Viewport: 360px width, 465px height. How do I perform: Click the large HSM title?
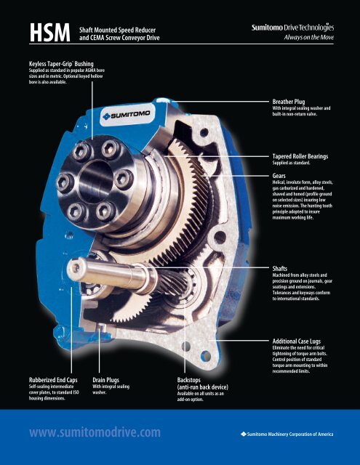pyautogui.click(x=50, y=33)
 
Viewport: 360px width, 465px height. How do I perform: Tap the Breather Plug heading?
pyautogui.click(x=289, y=102)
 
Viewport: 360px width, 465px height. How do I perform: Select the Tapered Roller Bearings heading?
pyautogui.click(x=300, y=156)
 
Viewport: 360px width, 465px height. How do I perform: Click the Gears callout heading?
pyautogui.click(x=279, y=176)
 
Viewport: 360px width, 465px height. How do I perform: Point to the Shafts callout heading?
pyautogui.click(x=280, y=269)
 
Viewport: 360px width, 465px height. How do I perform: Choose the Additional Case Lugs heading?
pyautogui.click(x=297, y=341)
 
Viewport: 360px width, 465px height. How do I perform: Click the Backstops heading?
pyautogui.click(x=189, y=380)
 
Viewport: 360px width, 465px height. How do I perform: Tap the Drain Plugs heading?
pyautogui.click(x=105, y=380)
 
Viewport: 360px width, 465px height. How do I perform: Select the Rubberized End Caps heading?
pyautogui.click(x=53, y=380)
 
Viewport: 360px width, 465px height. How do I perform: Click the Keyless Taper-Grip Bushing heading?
pyautogui.click(x=61, y=64)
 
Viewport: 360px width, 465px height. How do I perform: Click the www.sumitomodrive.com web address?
pyautogui.click(x=95, y=432)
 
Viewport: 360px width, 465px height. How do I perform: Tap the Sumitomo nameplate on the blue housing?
pyautogui.click(x=127, y=115)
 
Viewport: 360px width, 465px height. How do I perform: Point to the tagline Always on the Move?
pyautogui.click(x=308, y=37)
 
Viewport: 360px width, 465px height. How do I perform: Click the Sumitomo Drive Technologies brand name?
pyautogui.click(x=292, y=28)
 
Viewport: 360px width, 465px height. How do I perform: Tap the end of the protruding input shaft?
pyautogui.click(x=75, y=268)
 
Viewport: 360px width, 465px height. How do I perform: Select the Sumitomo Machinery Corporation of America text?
pyautogui.click(x=287, y=434)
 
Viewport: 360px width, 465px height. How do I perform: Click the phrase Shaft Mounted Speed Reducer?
pyautogui.click(x=118, y=30)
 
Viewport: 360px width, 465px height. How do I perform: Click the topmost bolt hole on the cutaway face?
pyautogui.click(x=204, y=132)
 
